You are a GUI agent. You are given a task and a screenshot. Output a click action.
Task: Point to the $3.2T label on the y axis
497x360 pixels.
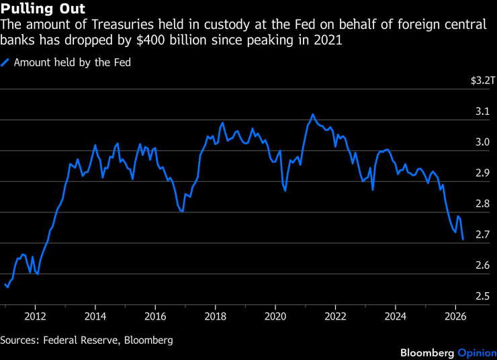click(482, 81)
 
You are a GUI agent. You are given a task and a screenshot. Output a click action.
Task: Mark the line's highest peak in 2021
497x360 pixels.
click(312, 114)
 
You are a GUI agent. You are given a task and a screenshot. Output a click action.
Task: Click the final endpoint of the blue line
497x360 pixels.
click(463, 238)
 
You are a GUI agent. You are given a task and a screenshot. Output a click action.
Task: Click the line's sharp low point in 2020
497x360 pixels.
click(285, 191)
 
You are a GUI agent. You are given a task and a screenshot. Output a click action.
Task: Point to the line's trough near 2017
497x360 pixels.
click(182, 212)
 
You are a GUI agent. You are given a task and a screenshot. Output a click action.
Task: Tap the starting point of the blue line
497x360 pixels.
click(5, 284)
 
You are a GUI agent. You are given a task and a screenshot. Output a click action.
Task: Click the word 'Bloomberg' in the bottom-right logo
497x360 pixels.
click(427, 353)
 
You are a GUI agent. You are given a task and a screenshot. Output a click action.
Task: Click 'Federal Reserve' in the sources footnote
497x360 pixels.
click(75, 340)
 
